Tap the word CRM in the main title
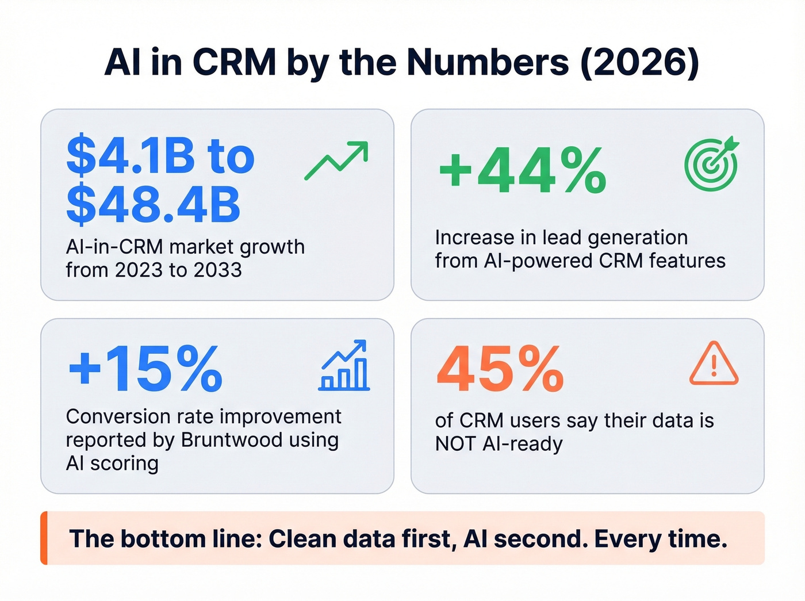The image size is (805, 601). tap(234, 62)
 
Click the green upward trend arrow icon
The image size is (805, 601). tap(336, 160)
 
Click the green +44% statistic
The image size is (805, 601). tap(522, 170)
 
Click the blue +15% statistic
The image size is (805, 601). tap(145, 369)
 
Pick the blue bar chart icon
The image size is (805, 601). tap(344, 366)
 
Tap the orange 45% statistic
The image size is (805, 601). tap(500, 369)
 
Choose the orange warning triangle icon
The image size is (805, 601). tap(714, 364)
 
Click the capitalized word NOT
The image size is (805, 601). tap(455, 444)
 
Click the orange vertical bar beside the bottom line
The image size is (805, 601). tap(44, 538)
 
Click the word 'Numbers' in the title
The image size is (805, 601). tap(488, 62)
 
